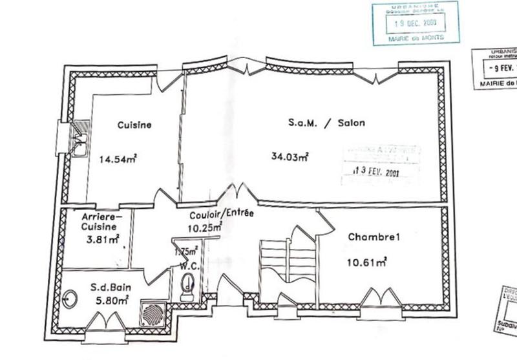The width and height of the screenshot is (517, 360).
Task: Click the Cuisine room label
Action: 134,125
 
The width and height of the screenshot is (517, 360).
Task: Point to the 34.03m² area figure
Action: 290,156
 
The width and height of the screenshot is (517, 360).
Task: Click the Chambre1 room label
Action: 375,237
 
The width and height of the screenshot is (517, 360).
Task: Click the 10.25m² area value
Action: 206,227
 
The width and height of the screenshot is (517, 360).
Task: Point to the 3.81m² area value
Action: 104,239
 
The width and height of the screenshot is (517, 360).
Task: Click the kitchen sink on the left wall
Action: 79,138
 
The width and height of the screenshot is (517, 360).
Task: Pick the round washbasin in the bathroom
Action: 69,299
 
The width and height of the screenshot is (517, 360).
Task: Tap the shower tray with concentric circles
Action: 153,313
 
